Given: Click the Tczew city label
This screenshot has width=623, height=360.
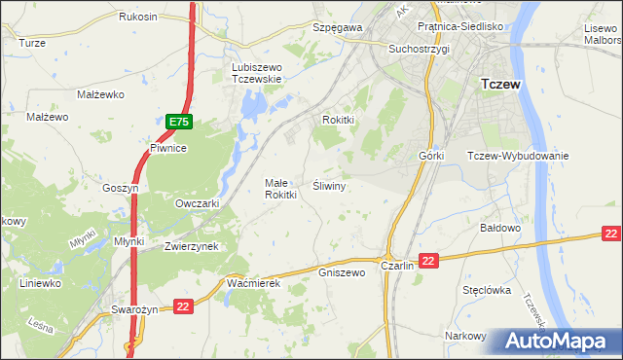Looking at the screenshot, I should tap(501, 85).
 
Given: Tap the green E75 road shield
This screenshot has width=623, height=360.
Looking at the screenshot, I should tap(178, 122).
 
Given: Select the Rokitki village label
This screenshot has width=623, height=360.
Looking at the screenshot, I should tap(343, 120).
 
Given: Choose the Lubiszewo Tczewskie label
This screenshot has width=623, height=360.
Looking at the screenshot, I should tap(256, 73).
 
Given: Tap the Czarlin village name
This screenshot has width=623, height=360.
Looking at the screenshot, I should tap(398, 265).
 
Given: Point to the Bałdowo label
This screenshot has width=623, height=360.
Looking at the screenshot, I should tap(502, 228).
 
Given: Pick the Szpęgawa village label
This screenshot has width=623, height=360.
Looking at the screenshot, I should tap(337, 28).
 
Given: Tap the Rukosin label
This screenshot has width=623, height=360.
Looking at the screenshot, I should tap(138, 18).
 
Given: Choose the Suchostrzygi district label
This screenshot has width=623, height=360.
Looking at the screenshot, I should tap(418, 48).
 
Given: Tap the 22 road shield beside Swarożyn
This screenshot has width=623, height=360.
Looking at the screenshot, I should tap(183, 307).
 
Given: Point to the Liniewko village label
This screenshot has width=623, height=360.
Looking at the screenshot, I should tap(41, 283).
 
